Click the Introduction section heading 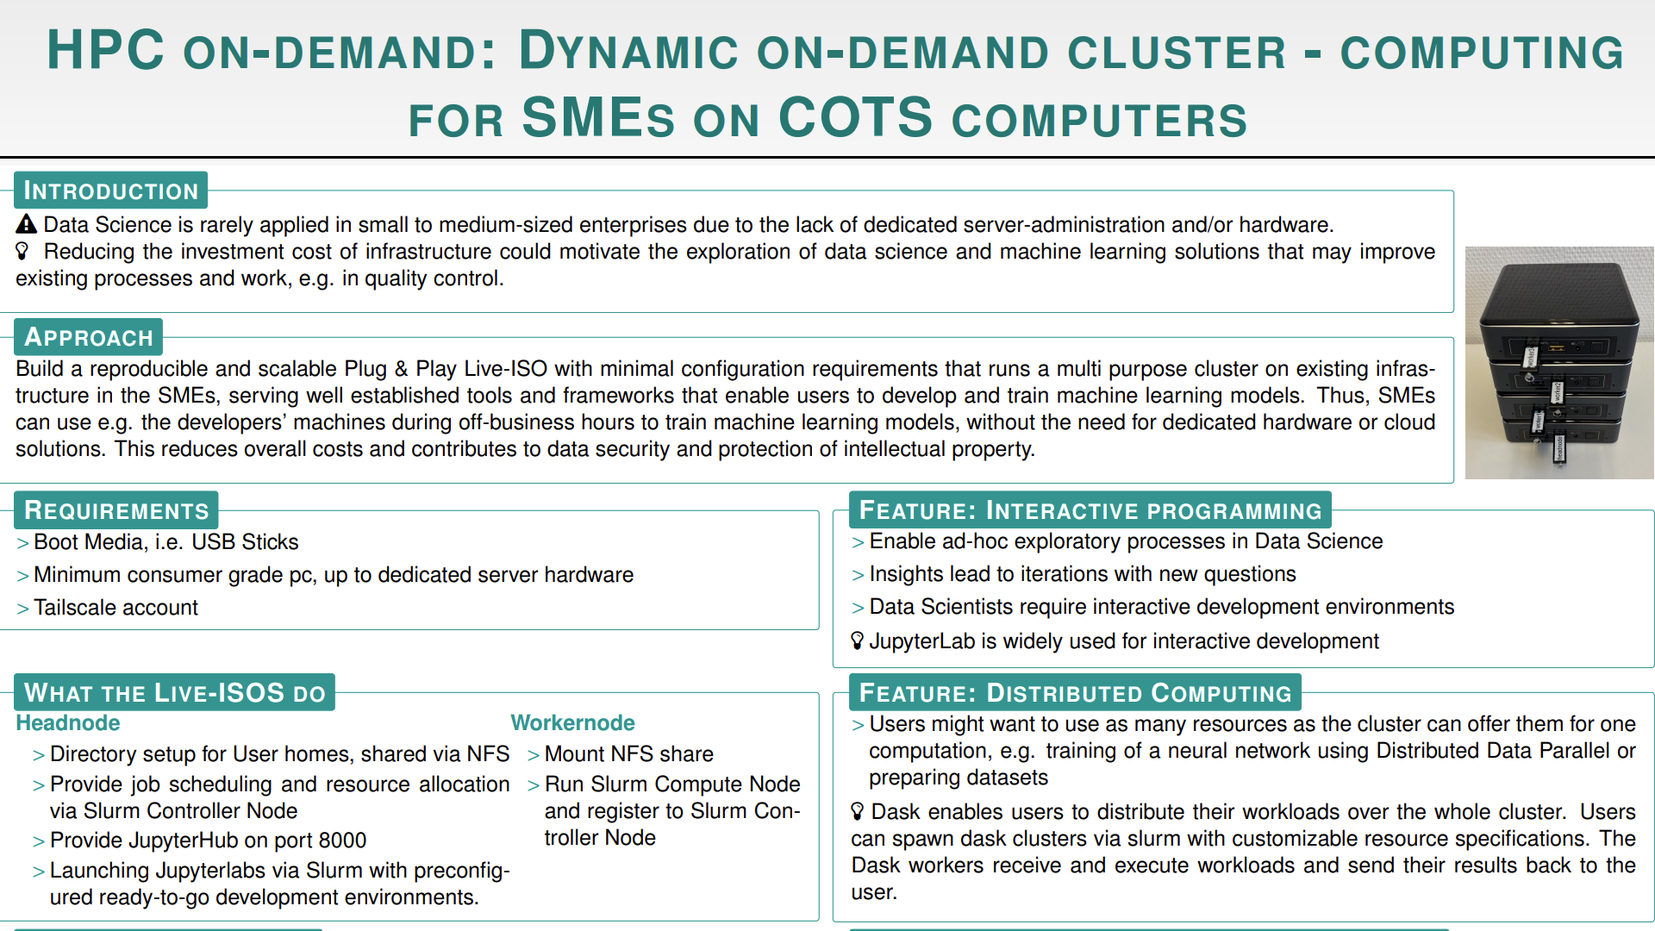[110, 191]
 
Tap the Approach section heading [88, 337]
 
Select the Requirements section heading [116, 510]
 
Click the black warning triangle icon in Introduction [27, 225]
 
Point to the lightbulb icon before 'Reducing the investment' [23, 251]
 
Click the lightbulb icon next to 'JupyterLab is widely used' [857, 640]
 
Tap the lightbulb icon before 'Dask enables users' [857, 811]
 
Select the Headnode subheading [68, 722]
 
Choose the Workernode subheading [572, 722]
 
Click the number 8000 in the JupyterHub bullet [342, 840]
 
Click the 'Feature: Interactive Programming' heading [1090, 510]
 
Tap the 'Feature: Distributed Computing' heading [1076, 693]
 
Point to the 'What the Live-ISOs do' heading [175, 693]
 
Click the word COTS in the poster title [855, 118]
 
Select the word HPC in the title [105, 50]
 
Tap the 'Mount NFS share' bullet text [629, 754]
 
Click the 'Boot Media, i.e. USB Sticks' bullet [166, 542]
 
